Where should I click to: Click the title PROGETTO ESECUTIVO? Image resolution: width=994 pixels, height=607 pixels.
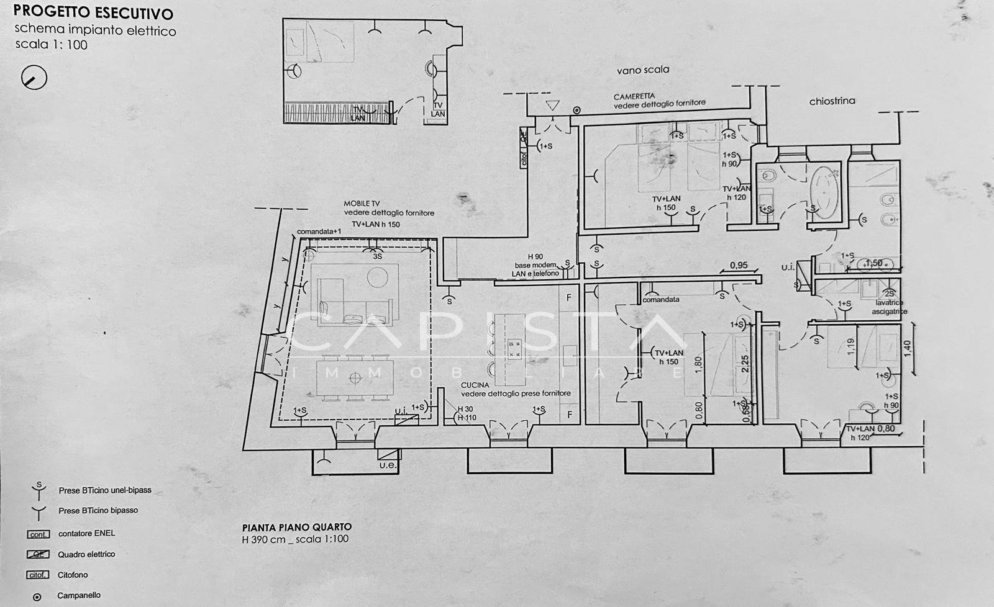point(93,12)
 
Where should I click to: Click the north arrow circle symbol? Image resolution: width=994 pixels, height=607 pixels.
point(34,78)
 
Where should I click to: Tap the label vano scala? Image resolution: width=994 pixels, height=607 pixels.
point(642,70)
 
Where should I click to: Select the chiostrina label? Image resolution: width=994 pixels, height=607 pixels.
point(831,101)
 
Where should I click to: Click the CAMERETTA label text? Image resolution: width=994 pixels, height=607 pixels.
point(634,97)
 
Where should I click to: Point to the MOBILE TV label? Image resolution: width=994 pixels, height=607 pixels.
point(362,204)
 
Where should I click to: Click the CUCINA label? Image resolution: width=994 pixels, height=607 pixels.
point(475,385)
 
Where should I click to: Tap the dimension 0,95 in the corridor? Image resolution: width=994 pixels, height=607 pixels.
point(738,265)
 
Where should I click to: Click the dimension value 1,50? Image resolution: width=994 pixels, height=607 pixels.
point(873,263)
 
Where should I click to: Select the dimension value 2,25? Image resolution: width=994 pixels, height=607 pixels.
point(745,364)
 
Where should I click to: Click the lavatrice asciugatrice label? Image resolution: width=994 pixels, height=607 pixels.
point(889,307)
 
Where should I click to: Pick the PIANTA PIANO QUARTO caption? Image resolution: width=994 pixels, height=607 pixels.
point(296,527)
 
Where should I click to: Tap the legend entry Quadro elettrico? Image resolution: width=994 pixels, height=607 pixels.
point(86,554)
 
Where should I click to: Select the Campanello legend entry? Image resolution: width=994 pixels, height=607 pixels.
point(78,595)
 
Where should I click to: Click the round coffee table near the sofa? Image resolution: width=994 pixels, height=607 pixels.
point(378,276)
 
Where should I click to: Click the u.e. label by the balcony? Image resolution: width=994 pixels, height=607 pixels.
point(388,465)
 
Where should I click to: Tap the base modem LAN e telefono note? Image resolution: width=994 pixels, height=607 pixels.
point(535,269)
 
